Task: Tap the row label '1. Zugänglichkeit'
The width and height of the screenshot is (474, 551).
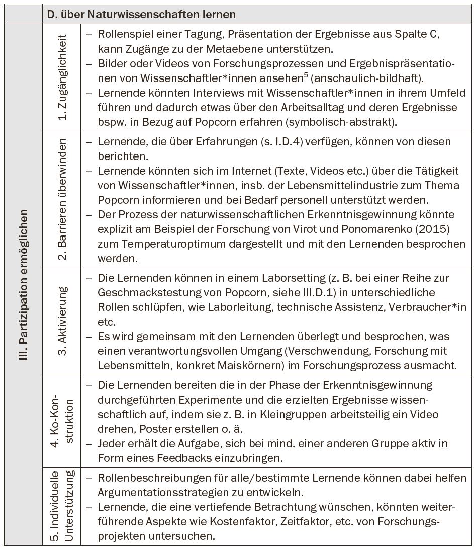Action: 62,77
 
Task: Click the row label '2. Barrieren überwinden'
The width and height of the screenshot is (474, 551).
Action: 62,200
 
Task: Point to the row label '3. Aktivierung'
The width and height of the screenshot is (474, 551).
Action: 62,321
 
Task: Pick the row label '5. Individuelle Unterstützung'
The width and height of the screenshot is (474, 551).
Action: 62,506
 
